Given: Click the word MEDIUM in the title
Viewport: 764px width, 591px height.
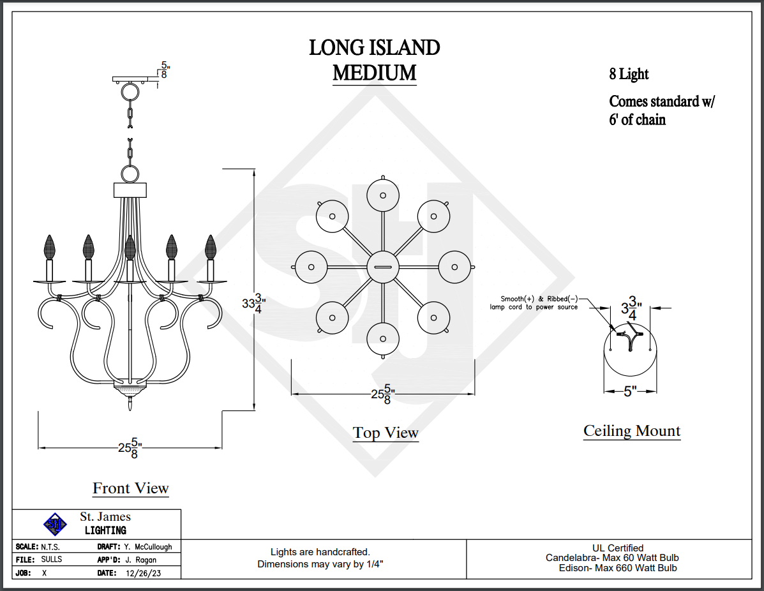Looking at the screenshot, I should [x=374, y=73].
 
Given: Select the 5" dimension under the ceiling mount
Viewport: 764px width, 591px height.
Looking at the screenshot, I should [x=630, y=391].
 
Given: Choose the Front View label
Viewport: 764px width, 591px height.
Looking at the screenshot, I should [x=131, y=488].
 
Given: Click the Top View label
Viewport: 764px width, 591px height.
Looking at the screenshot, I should [x=386, y=433].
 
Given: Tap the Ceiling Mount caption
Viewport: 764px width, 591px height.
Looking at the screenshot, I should [x=632, y=431].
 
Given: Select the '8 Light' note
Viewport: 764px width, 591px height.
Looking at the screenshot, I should [x=629, y=74].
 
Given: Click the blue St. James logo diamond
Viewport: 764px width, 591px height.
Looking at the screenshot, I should [x=55, y=524].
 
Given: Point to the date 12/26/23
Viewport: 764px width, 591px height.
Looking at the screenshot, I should [x=142, y=572].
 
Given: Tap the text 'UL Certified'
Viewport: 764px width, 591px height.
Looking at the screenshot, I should [x=618, y=548].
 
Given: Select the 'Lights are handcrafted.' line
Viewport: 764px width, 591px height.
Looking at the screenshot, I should [x=320, y=551].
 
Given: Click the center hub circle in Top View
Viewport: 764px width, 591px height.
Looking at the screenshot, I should [x=383, y=267].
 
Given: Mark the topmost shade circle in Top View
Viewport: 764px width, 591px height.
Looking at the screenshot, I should [x=383, y=195].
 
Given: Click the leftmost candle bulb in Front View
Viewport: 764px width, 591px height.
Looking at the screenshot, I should [x=50, y=246].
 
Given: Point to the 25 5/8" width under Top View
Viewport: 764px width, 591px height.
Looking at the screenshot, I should [x=383, y=395].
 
